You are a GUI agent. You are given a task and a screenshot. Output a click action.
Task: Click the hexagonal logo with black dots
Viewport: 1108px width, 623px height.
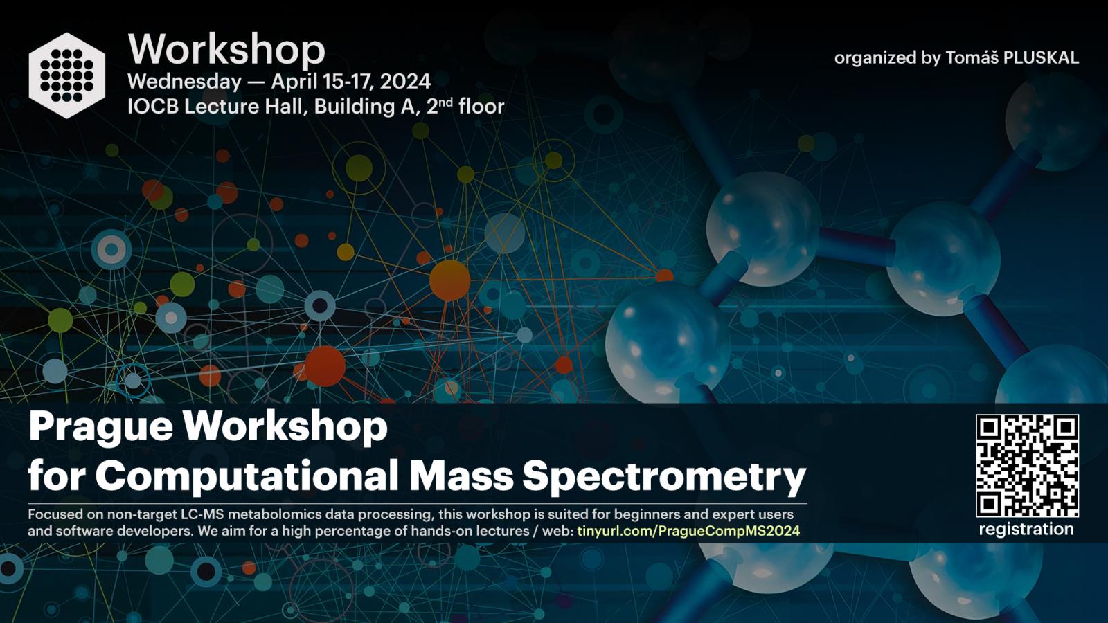66,75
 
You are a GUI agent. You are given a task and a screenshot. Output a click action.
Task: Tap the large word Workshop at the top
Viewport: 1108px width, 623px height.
226,50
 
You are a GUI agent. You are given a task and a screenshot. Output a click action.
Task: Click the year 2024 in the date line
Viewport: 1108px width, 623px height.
405,81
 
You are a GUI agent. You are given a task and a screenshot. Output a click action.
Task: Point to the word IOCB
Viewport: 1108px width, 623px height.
153,107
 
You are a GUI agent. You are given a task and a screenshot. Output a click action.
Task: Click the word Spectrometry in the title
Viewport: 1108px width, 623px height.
664,477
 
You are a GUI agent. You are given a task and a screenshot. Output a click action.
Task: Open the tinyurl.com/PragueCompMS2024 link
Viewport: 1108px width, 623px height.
688,532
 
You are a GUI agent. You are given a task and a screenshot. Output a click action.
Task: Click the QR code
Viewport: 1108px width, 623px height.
1027,466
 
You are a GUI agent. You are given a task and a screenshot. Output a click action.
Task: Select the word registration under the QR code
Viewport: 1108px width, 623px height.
1026,530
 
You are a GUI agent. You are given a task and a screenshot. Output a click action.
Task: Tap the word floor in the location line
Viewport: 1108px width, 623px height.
481,107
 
